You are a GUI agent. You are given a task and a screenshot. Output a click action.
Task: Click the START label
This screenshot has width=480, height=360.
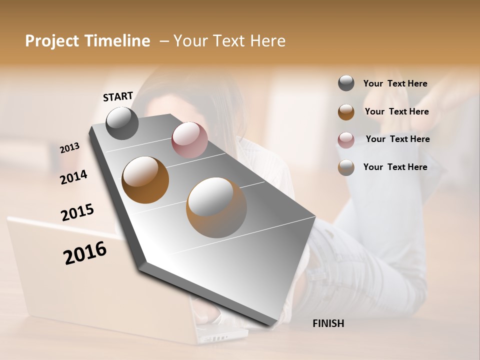tap(118, 96)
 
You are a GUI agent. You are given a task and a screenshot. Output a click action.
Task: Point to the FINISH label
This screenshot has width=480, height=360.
tap(328, 323)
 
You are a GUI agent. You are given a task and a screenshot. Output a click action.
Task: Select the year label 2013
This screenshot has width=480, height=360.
tap(70, 148)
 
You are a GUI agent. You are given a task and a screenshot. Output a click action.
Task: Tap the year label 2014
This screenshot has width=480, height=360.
tap(74, 177)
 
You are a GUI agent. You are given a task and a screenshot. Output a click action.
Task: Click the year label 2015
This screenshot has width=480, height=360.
tap(77, 212)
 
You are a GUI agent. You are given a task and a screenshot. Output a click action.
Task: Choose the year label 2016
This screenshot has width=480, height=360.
tap(85, 252)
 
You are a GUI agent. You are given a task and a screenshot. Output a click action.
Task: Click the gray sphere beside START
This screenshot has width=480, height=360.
tap(122, 123)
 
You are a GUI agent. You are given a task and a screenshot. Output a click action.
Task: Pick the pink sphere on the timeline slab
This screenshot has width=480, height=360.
tap(189, 140)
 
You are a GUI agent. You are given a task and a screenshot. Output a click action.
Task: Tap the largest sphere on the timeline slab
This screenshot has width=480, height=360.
tap(216, 207)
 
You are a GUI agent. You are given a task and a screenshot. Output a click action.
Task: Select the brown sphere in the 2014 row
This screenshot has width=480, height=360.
tap(145, 180)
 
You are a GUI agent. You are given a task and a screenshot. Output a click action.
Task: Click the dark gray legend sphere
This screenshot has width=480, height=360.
tap(346, 83)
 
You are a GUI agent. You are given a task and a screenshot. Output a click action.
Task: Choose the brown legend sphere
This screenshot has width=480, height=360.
tap(346, 112)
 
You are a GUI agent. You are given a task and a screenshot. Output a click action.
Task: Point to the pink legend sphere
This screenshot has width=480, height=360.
tap(346, 140)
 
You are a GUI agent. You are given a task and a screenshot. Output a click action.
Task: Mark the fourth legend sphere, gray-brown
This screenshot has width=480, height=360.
tap(346, 167)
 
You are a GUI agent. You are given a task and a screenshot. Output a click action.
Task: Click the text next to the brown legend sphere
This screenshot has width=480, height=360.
tap(396, 111)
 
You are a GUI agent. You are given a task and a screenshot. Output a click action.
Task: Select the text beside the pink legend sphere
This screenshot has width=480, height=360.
tap(397, 139)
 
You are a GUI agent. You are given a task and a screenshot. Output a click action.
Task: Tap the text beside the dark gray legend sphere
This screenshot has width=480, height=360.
tap(395, 83)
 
